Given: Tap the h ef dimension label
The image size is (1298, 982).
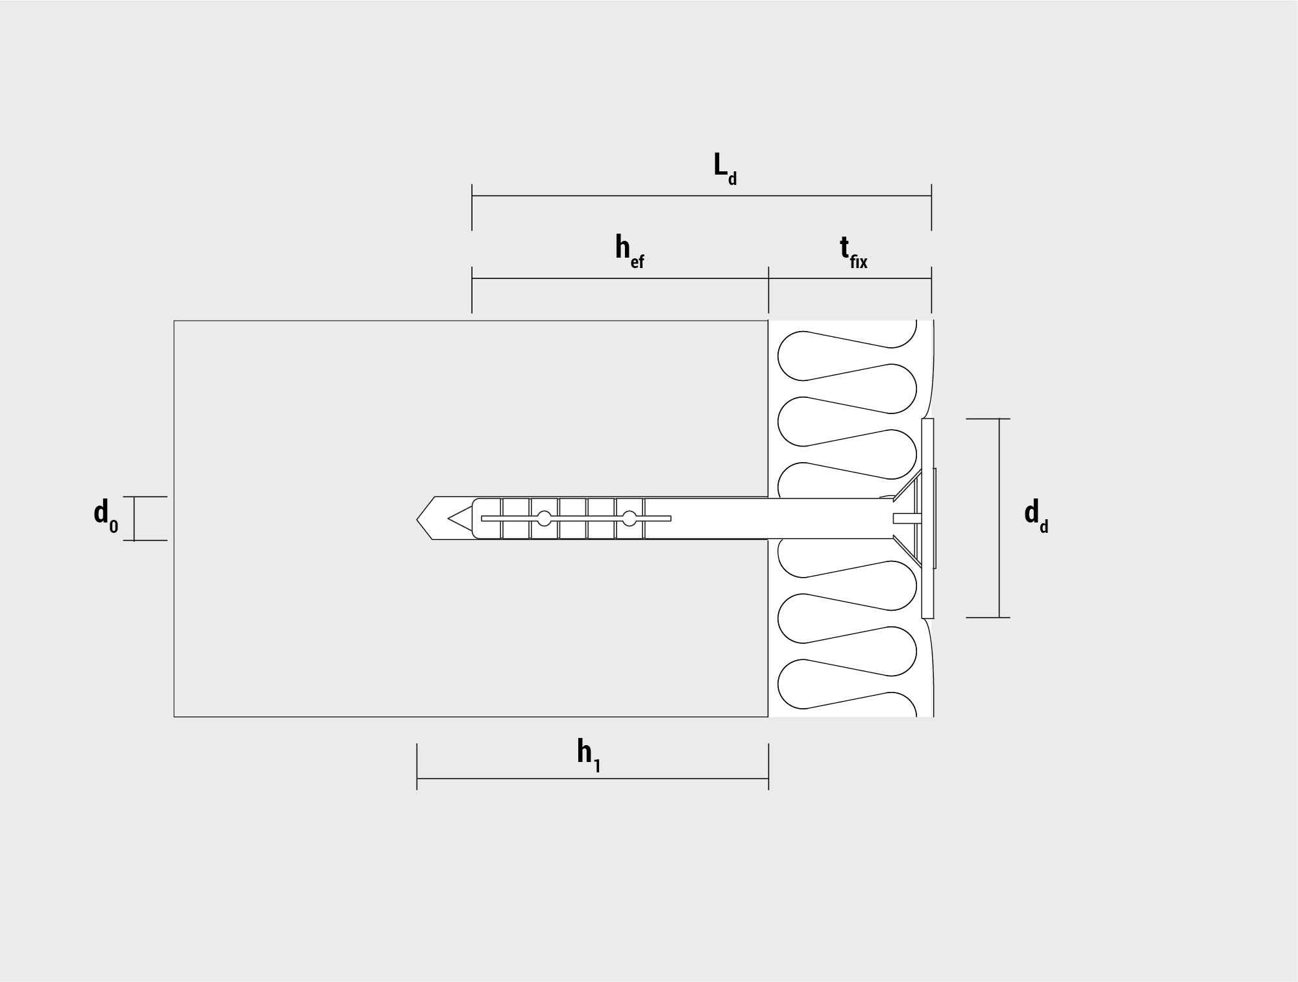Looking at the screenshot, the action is pyautogui.click(x=630, y=252).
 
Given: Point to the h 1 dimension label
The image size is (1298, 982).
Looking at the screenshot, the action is pyautogui.click(x=589, y=755).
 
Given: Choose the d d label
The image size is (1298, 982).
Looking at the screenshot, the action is pyautogui.click(x=1036, y=517).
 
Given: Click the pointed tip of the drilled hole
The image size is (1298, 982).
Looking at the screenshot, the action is pyautogui.click(x=417, y=519).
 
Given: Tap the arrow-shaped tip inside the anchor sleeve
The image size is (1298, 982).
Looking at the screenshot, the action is pyautogui.click(x=459, y=518).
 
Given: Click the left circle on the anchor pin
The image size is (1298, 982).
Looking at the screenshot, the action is pyautogui.click(x=544, y=518).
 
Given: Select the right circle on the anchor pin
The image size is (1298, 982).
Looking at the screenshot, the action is pyautogui.click(x=630, y=518).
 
